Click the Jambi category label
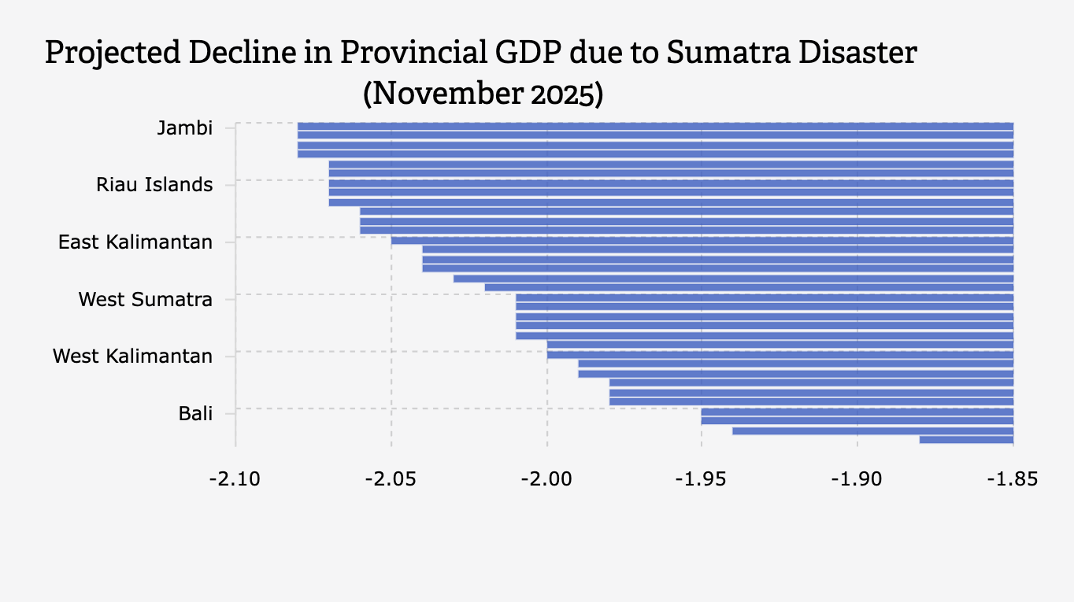click(184, 128)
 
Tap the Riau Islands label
click(154, 185)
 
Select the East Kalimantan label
click(135, 242)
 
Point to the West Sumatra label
click(145, 300)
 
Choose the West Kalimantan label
click(132, 356)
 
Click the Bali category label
click(195, 414)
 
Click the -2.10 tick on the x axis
click(235, 479)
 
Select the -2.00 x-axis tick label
click(546, 479)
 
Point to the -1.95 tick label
click(702, 479)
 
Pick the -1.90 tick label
click(857, 479)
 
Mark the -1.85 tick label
click(1013, 479)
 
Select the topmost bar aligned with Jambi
click(655, 126)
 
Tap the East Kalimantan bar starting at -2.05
click(702, 240)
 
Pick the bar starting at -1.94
click(872, 430)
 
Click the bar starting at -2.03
click(733, 278)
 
